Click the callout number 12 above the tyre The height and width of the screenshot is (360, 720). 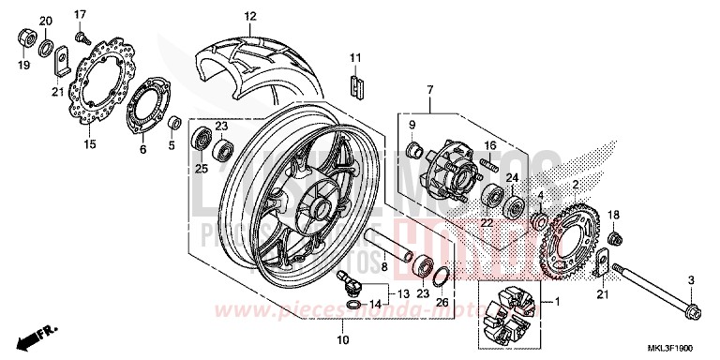[x=250, y=16]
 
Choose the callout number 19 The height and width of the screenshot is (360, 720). [x=23, y=66]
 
